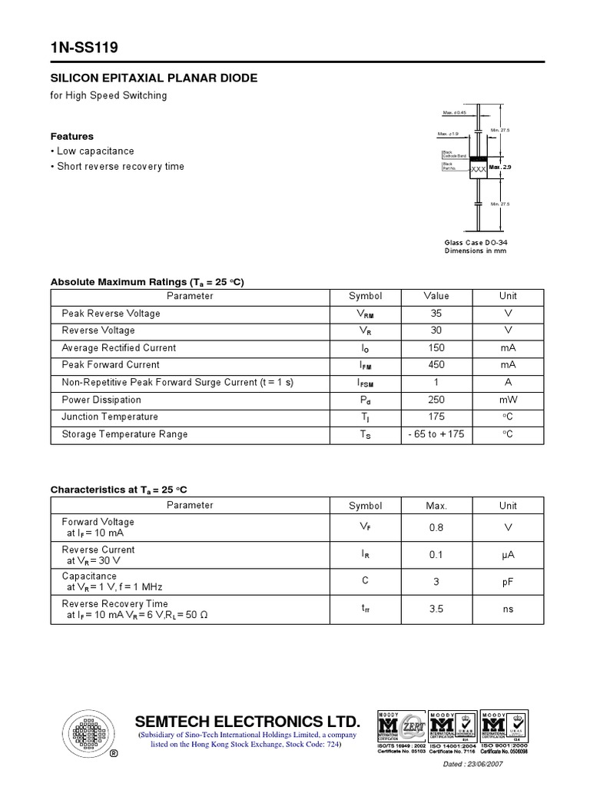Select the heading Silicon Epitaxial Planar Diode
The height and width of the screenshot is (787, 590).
pyautogui.click(x=154, y=78)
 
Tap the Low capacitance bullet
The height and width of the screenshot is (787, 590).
pyautogui.click(x=95, y=151)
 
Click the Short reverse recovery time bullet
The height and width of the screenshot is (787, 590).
pyautogui.click(x=121, y=167)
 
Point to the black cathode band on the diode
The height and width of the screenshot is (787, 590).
pyautogui.click(x=478, y=158)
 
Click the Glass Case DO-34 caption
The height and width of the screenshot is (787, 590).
pyautogui.click(x=476, y=242)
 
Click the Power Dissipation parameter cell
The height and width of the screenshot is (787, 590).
pyautogui.click(x=101, y=400)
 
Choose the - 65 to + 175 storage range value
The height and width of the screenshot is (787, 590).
pyautogui.click(x=436, y=434)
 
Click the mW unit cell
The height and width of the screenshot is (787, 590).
pyautogui.click(x=508, y=400)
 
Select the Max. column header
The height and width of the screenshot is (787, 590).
pyautogui.click(x=436, y=506)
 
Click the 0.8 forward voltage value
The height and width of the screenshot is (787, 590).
pyautogui.click(x=436, y=528)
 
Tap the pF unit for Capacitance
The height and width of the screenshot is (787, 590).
pyautogui.click(x=508, y=583)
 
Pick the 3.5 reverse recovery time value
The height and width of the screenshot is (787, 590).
pyautogui.click(x=436, y=609)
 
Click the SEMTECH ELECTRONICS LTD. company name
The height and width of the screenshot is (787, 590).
pyautogui.click(x=247, y=722)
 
